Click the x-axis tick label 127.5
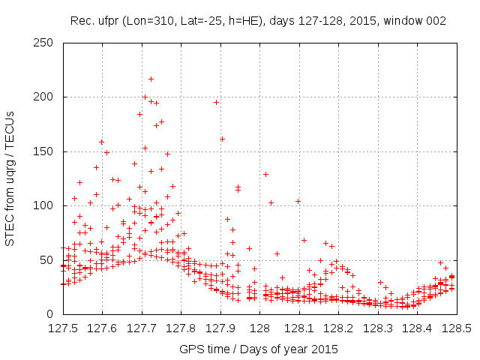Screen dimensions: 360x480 pyautogui.click(x=62, y=328)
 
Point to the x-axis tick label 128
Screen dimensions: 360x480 pyautogui.click(x=259, y=328)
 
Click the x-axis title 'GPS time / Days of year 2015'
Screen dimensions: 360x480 pyautogui.click(x=259, y=349)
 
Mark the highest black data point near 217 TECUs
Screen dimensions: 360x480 pyautogui.click(x=151, y=79)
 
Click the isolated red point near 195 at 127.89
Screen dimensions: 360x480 pyautogui.click(x=216, y=102)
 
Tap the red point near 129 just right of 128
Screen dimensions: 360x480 pyautogui.click(x=265, y=174)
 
